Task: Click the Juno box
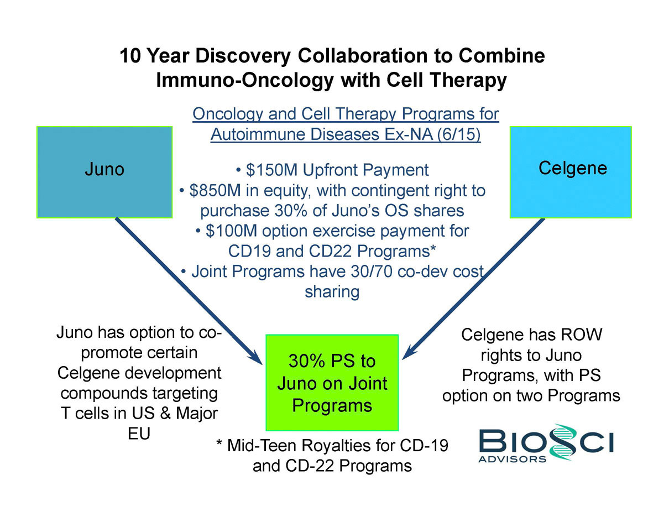[104, 172]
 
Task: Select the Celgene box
[570, 172]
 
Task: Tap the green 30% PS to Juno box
[332, 383]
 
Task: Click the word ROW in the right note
[578, 335]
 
